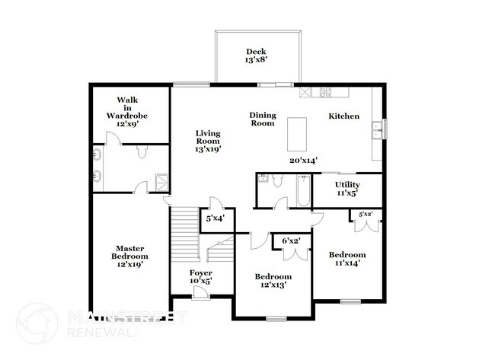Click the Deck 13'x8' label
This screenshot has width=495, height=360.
256,56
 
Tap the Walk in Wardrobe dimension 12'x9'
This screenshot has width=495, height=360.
127,124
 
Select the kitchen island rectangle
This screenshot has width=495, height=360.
297,134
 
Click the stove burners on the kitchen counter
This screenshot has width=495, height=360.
325,91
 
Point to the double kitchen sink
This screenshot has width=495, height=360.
377,130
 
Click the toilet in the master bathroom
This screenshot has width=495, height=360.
142,151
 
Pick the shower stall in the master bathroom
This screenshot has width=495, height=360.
161,183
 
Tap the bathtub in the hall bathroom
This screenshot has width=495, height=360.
303,190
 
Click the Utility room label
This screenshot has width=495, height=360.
347,185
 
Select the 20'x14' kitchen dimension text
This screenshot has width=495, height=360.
303,161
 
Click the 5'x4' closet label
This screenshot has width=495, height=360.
216,218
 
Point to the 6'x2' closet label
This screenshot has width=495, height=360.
291,241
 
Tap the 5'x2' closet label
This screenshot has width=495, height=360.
366,214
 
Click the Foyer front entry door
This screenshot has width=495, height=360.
200,292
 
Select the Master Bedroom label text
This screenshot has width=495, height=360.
129,253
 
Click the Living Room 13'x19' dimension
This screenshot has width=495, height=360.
208,149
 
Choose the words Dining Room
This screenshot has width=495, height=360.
263,119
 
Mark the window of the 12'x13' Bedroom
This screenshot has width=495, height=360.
276,320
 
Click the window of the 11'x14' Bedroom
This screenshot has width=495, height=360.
350,301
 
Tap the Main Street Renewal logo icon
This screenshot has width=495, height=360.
37,323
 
